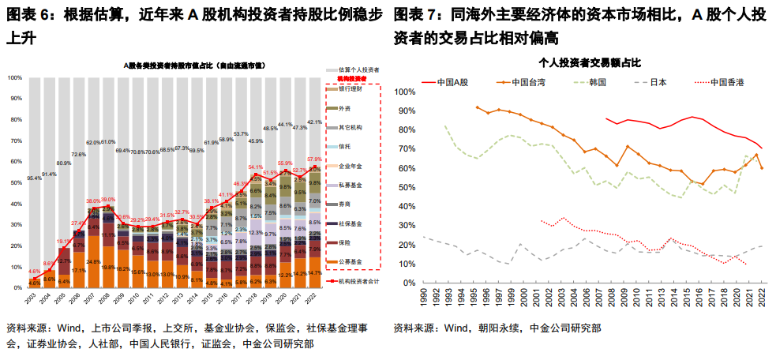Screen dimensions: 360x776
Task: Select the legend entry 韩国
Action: click(597, 81)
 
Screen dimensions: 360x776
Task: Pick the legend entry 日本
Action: click(658, 81)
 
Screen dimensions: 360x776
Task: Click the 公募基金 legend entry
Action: click(350, 262)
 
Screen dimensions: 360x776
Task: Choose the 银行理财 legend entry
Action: click(350, 88)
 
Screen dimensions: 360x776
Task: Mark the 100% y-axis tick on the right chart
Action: click(405, 92)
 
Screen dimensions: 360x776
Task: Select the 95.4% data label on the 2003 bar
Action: click(35, 178)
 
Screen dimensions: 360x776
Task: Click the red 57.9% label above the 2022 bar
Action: click(314, 159)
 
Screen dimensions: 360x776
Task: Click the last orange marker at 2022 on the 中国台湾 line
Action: click(762, 167)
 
